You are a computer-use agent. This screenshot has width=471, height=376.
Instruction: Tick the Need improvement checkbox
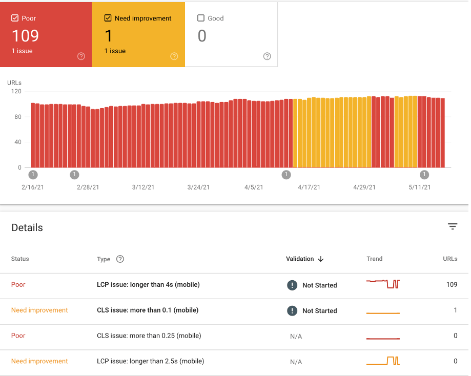click(x=108, y=18)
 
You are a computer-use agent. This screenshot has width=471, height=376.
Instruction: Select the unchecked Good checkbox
click(x=201, y=18)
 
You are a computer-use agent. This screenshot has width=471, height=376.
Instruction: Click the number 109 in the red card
click(x=25, y=36)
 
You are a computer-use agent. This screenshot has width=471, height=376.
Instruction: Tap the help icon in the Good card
click(x=267, y=56)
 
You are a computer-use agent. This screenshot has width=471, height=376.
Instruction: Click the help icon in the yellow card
click(x=174, y=56)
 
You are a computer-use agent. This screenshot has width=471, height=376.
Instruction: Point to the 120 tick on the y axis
click(x=16, y=92)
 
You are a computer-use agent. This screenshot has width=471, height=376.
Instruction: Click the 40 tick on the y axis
click(x=18, y=142)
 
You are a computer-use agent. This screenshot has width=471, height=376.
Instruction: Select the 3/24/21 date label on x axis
click(x=198, y=187)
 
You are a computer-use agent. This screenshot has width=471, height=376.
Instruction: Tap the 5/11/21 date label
click(x=420, y=187)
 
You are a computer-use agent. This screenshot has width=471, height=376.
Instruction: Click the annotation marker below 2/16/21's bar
click(x=33, y=175)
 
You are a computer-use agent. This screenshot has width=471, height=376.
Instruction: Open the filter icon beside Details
click(x=452, y=226)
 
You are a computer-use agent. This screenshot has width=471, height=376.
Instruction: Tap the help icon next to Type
click(x=120, y=259)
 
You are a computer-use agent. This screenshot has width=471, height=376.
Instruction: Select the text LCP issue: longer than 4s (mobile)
click(x=148, y=284)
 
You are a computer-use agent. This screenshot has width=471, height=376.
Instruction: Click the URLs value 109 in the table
click(x=451, y=284)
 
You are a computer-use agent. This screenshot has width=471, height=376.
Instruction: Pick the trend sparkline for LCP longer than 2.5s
click(x=383, y=361)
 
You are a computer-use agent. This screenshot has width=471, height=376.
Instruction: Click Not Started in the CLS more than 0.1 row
click(x=319, y=311)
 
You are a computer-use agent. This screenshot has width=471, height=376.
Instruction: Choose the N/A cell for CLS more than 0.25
click(x=296, y=336)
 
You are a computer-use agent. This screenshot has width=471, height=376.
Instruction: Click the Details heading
click(x=27, y=228)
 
